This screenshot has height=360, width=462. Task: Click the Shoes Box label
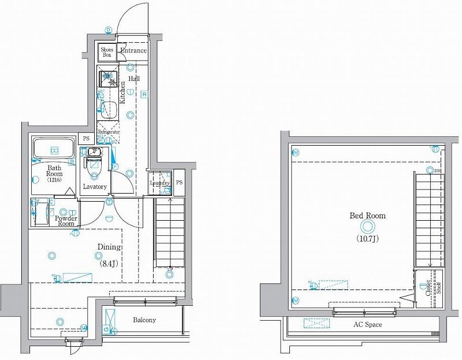point(107,52)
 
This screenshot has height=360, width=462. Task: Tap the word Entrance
point(133,51)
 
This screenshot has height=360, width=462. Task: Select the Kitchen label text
point(122,92)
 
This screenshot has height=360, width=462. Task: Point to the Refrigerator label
point(109,132)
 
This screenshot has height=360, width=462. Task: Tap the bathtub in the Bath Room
point(53,149)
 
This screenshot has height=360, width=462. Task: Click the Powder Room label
point(66,221)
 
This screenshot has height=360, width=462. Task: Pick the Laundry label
point(159,184)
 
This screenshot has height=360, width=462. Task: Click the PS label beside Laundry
point(179,183)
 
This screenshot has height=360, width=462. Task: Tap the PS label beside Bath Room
point(86,139)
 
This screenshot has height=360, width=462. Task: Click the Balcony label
point(144,320)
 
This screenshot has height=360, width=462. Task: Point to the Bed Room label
point(367,216)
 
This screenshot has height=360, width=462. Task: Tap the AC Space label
point(367,325)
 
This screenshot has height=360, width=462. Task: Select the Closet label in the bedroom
point(429,287)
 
